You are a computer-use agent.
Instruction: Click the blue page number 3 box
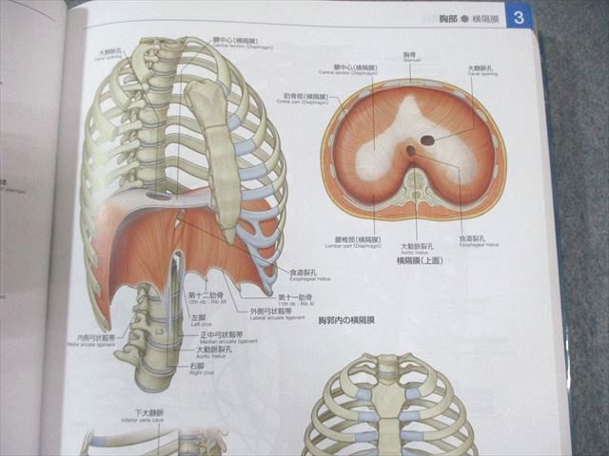tap(518, 16)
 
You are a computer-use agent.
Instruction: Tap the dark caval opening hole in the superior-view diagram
tap(428, 141)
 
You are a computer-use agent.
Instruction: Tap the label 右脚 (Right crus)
tap(197, 364)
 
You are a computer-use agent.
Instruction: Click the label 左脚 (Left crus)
tap(198, 319)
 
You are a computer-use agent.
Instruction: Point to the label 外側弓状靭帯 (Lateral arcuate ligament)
tap(272, 310)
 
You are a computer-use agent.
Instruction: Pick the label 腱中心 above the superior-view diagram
tap(350, 69)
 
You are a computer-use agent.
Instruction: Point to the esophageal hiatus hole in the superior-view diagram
tap(410, 150)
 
